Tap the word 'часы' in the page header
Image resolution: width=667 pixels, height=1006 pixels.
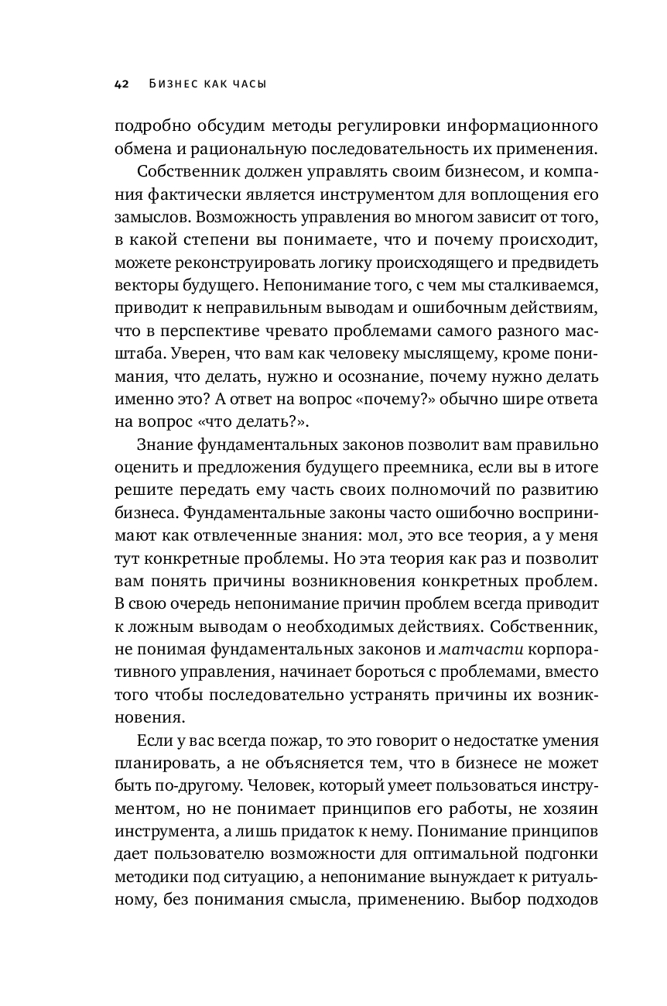[246, 84]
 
